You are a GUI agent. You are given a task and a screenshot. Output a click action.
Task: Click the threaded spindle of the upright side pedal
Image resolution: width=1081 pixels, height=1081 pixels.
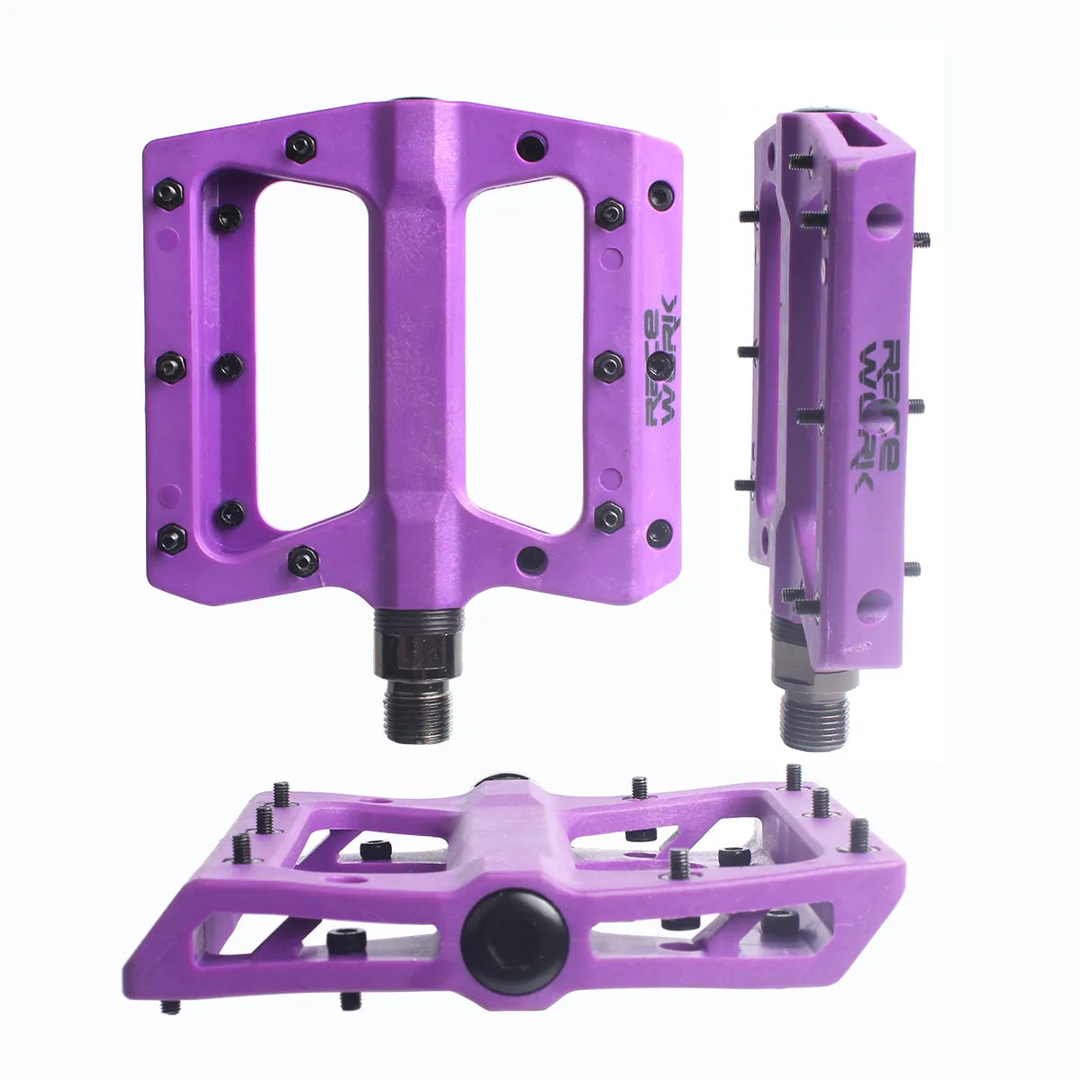[x=814, y=712]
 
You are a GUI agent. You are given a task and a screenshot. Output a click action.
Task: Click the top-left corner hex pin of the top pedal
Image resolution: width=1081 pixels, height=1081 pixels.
[x=168, y=195]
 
